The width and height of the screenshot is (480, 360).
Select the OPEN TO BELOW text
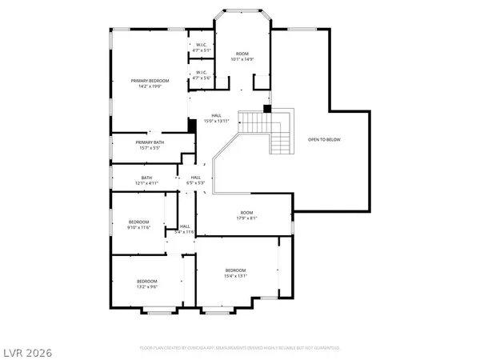click(324, 140)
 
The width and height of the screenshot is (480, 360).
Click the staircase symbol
click(267, 130)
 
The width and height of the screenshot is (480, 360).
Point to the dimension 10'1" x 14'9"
click(242, 58)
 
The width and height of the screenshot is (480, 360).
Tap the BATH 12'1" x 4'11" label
click(146, 181)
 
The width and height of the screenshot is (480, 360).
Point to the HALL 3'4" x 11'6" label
click(185, 229)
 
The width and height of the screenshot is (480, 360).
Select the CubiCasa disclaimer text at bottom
click(239, 349)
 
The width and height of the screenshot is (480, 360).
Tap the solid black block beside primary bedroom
click(192, 126)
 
